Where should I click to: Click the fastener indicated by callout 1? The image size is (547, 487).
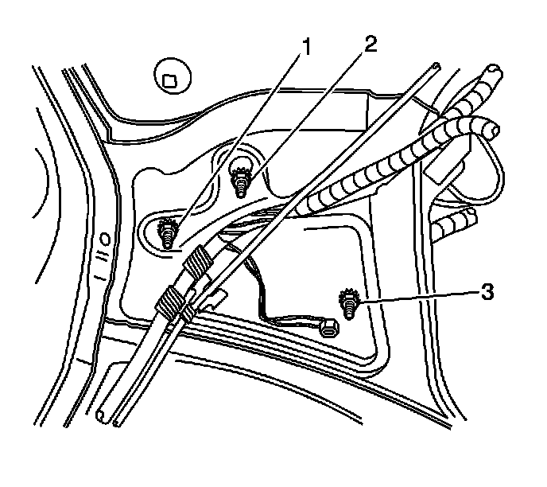pyautogui.click(x=169, y=235)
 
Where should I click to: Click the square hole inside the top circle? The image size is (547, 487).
pyautogui.click(x=169, y=79)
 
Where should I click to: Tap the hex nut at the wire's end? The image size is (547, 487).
pyautogui.click(x=325, y=325)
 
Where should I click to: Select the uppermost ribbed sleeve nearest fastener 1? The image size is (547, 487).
pyautogui.click(x=199, y=260)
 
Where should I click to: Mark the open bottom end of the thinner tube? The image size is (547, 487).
pyautogui.click(x=118, y=420)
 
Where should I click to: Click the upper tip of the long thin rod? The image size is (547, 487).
pyautogui.click(x=437, y=66)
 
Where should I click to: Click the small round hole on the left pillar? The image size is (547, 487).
pyautogui.click(x=105, y=237)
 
